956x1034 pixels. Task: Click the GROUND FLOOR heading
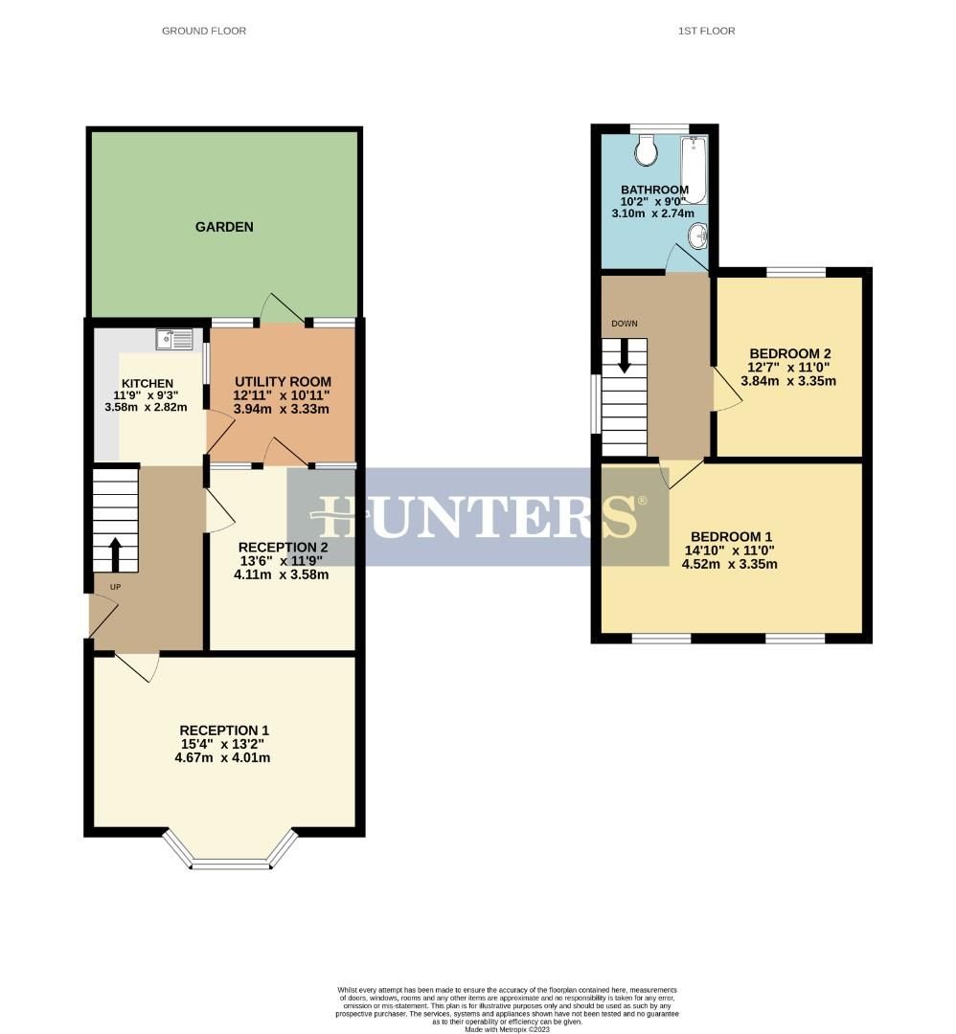click(x=204, y=31)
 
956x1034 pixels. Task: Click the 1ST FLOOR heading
click(x=706, y=31)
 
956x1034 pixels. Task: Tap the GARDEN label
click(x=224, y=227)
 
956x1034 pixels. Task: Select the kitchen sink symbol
click(x=174, y=337)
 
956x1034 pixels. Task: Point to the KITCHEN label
click(x=147, y=383)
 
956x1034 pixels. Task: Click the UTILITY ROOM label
click(x=283, y=382)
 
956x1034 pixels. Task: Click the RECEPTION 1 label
click(x=225, y=730)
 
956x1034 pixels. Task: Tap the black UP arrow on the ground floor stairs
click(x=115, y=553)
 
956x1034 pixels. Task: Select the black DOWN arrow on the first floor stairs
click(x=625, y=356)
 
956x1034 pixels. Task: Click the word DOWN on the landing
click(x=624, y=324)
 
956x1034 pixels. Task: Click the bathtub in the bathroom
click(x=694, y=169)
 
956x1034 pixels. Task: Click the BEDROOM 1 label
click(x=731, y=536)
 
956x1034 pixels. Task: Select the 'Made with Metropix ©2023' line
click(x=508, y=1029)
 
